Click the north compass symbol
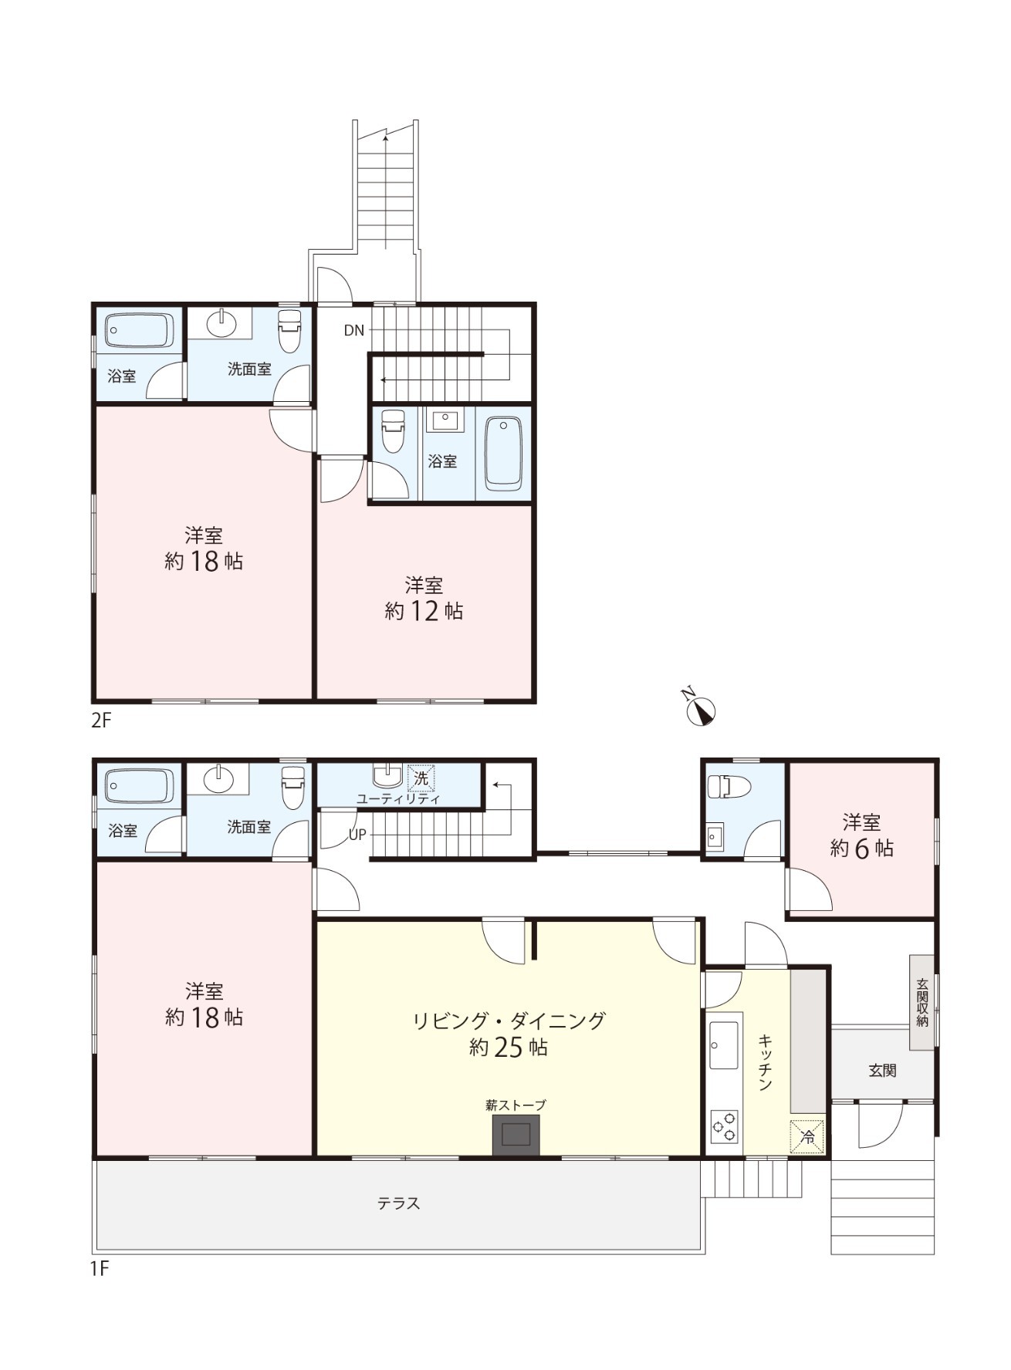point(701,711)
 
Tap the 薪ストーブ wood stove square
point(516,1135)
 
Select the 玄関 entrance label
point(882,1071)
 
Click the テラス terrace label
point(399,1203)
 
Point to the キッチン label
point(766,1062)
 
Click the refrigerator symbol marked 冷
point(807,1136)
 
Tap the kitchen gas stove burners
point(724,1127)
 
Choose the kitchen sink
point(724,1045)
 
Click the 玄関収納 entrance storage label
point(922,1002)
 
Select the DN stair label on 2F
point(354,330)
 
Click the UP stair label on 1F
point(357,835)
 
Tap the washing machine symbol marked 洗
point(421,778)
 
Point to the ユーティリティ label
point(398,799)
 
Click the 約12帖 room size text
point(424,611)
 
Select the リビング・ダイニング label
point(509,1021)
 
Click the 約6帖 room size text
point(861,849)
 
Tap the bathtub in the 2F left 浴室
point(140,330)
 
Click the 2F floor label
point(101,721)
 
